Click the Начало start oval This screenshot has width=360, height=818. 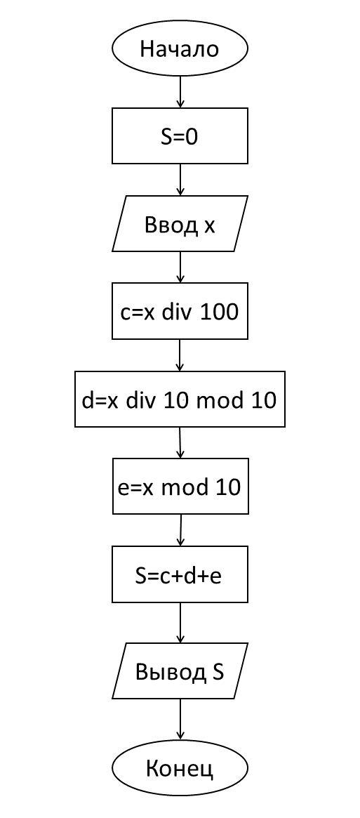click(180, 49)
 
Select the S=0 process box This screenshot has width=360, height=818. click(180, 136)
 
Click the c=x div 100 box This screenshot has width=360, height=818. click(180, 312)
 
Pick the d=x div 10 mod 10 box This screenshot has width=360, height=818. click(180, 399)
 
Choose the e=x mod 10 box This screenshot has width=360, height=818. click(180, 487)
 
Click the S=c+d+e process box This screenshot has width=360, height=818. click(180, 574)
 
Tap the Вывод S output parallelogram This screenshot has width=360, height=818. click(180, 671)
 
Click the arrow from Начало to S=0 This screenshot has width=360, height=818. click(180, 92)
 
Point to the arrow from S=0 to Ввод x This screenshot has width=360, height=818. click(180, 180)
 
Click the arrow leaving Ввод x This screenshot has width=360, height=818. click(180, 267)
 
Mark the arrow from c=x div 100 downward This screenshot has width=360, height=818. click(180, 355)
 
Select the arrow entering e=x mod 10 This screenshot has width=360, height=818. click(180, 443)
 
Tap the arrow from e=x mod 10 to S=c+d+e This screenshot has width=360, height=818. click(180, 531)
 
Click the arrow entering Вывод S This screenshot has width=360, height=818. click(180, 623)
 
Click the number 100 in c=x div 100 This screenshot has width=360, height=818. click(221, 312)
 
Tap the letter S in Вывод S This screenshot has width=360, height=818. click(218, 671)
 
